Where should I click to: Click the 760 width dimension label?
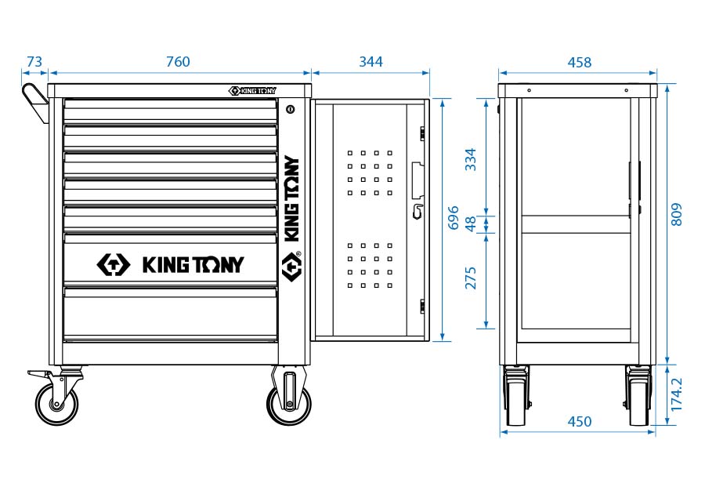coord(179,62)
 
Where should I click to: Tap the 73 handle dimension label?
coord(34,62)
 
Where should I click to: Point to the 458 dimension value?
coord(579,62)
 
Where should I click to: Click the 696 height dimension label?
coord(453,219)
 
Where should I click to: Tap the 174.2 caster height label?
coord(677,394)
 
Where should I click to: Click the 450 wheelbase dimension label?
coord(579,422)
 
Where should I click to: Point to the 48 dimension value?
coord(471,223)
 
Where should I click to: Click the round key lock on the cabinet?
coord(291,109)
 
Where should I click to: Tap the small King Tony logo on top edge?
coord(252,90)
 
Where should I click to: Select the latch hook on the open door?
coord(418,210)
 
